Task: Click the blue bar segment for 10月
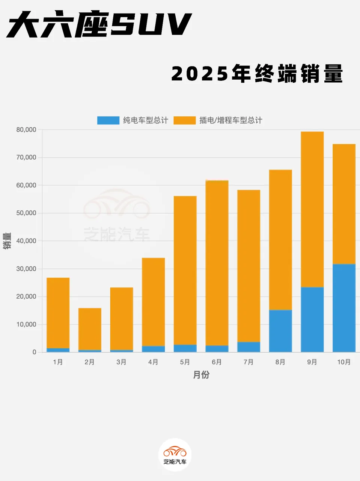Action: (344, 308)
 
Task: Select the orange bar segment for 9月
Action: (312, 209)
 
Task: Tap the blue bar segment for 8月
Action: (280, 331)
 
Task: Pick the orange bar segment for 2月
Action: (90, 329)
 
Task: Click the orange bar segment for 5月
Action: (185, 270)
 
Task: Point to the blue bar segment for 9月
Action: (312, 319)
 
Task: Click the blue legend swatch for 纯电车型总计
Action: (108, 120)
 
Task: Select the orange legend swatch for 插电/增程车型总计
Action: (184, 120)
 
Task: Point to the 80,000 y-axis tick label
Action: (26, 130)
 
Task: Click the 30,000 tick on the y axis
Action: (26, 269)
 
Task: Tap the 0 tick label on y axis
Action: (34, 352)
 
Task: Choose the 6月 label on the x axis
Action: (217, 362)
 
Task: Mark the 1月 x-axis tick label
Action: (58, 362)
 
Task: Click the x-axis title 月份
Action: (201, 375)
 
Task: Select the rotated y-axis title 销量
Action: (7, 241)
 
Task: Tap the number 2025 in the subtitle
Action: (200, 74)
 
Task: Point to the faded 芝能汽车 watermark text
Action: (117, 234)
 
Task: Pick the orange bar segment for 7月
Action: (249, 266)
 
